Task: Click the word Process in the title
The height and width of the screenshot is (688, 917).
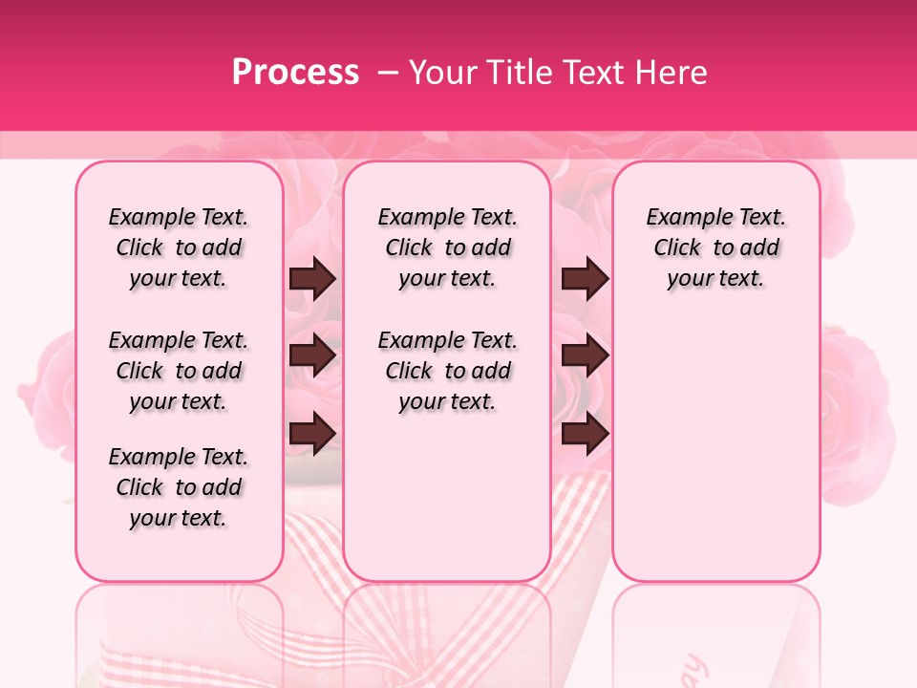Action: coord(295,72)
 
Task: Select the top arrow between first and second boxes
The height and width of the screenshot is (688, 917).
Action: coord(312,279)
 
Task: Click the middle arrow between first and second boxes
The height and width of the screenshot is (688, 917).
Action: coord(312,355)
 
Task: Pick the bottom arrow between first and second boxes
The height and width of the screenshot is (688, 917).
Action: coord(312,434)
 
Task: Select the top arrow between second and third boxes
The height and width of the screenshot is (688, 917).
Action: coord(585,279)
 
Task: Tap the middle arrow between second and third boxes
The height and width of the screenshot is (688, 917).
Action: coord(585,355)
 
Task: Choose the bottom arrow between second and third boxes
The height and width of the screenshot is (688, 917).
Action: coord(585,434)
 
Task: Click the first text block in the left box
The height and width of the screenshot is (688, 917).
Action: coord(179,247)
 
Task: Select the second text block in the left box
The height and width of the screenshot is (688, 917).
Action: coord(179,371)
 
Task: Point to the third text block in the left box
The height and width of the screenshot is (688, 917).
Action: coord(179,487)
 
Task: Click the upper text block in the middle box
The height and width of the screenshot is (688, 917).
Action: coord(447,247)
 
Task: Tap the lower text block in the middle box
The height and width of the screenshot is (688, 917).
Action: coord(447,371)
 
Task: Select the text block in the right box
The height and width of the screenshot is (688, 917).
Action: coord(715,247)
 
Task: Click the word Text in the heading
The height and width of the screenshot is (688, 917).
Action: coord(592,72)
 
